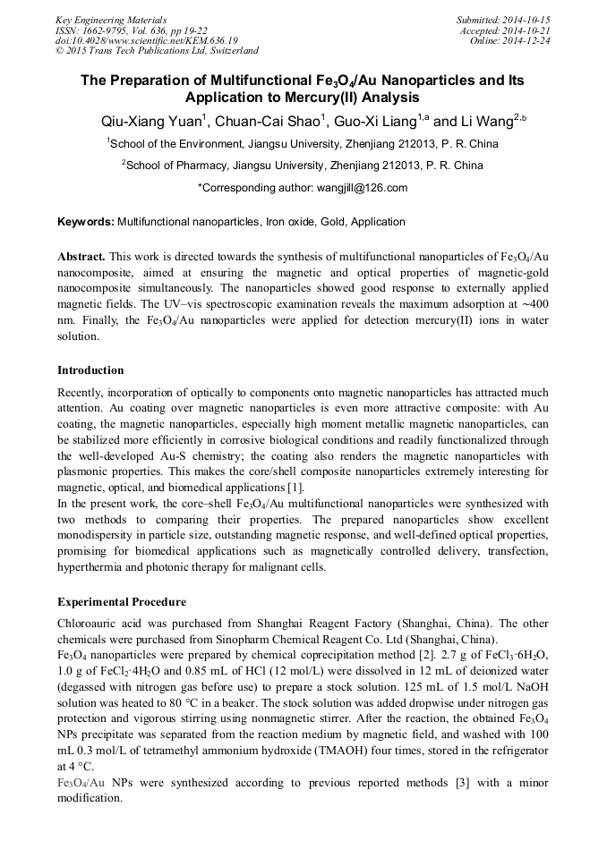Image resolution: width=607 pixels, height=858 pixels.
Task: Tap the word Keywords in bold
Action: [85, 222]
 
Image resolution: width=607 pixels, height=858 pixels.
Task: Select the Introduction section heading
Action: [90, 370]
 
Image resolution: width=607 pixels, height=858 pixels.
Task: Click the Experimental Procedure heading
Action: [122, 602]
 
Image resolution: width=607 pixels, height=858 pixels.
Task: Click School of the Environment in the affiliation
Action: [175, 143]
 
